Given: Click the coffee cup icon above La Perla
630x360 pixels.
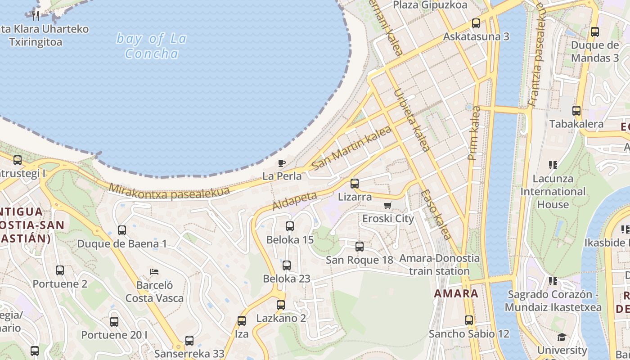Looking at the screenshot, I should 282,163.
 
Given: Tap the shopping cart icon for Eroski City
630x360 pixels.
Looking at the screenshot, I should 387,206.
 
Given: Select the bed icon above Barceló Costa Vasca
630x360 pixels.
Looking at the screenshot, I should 154,272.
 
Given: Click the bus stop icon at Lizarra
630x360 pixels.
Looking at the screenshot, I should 355,184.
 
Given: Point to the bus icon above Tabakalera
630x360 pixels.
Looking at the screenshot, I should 576,111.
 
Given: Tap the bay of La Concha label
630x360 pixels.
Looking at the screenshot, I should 151,46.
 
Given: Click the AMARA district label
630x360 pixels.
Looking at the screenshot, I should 456,294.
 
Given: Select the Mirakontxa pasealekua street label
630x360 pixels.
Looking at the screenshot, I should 169,192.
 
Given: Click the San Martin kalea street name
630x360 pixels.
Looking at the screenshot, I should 351,148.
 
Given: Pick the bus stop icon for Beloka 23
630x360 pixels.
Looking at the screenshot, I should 287,265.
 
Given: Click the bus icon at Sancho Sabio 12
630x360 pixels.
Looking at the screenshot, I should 469,320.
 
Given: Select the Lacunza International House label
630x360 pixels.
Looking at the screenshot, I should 553,191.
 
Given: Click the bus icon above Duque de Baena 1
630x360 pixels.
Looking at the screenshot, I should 121,230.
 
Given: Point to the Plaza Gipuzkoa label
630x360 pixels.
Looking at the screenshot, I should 430,5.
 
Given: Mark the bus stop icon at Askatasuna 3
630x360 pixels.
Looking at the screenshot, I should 476,23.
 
